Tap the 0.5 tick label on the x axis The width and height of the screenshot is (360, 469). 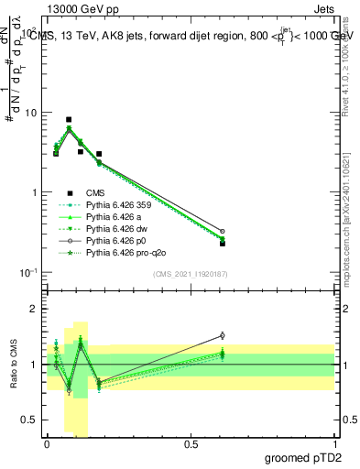tap(191, 443)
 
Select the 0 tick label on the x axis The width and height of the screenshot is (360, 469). tap(47, 443)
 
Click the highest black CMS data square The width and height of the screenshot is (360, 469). tap(69, 120)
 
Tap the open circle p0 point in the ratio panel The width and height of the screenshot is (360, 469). tap(222, 335)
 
